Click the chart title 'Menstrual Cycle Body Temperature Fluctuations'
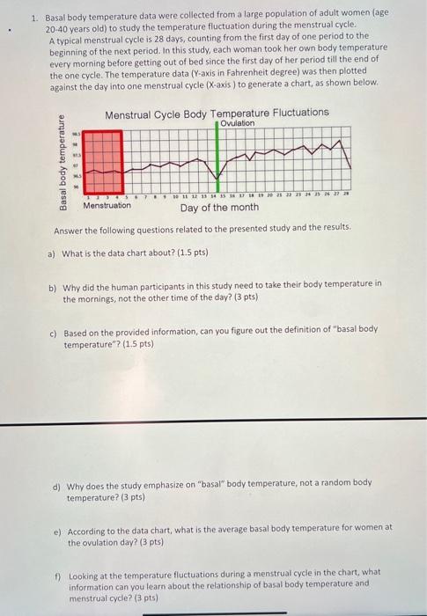(x=217, y=114)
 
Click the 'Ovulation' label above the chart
(x=238, y=123)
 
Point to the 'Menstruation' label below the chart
(x=107, y=206)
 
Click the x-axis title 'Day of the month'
(x=219, y=208)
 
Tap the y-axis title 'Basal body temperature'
(x=63, y=163)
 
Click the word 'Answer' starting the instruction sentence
(x=68, y=228)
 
